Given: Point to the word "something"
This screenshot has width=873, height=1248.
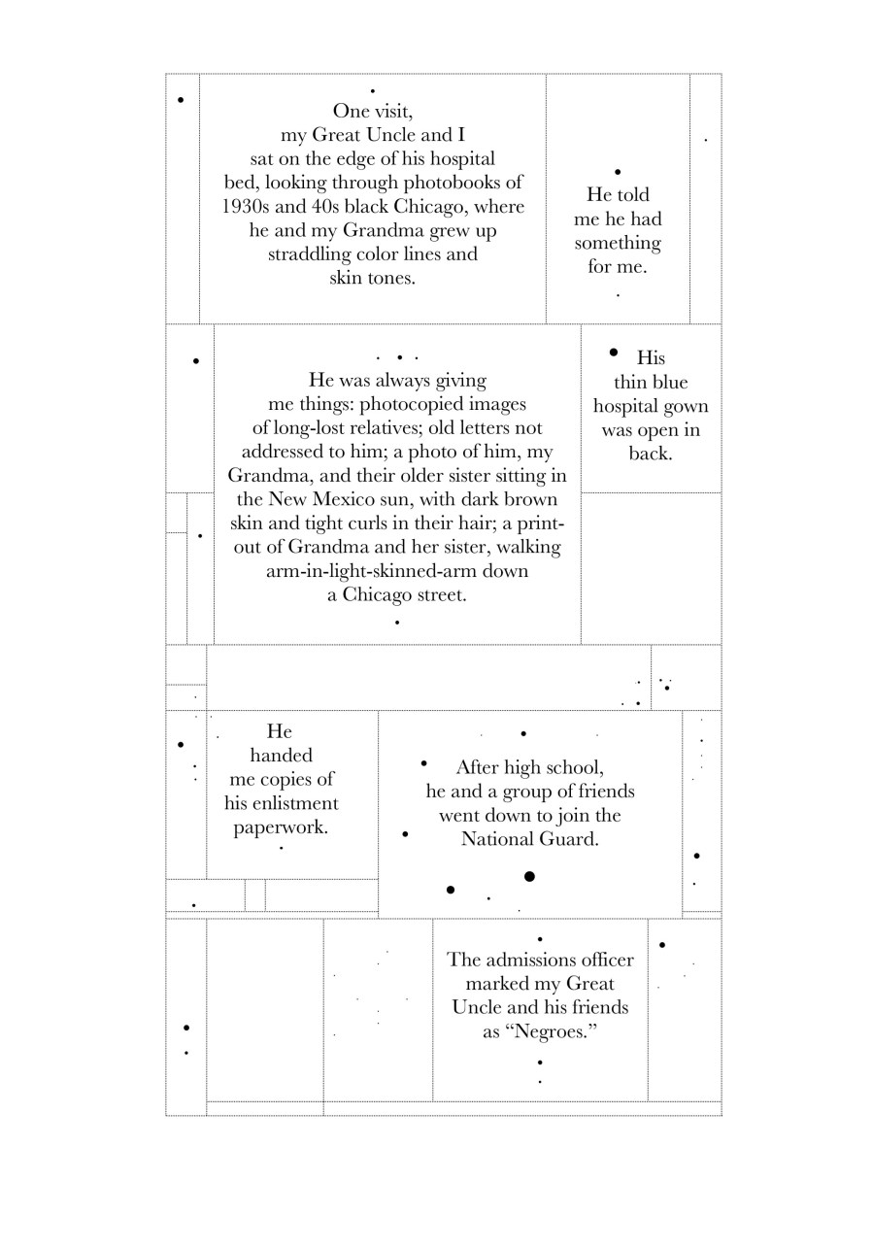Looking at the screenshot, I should [x=618, y=243].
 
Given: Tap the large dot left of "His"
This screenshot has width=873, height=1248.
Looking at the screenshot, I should [x=613, y=353].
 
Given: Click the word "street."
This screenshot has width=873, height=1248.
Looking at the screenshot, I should [x=434, y=594].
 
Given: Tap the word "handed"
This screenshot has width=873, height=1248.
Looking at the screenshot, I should [x=281, y=756].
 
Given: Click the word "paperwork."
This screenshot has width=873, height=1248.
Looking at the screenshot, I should [x=281, y=827].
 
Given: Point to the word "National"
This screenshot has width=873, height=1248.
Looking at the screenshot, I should [x=503, y=839].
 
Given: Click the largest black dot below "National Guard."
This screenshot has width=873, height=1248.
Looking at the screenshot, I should [x=529, y=877].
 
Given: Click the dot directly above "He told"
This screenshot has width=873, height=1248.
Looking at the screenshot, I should [x=618, y=172].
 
